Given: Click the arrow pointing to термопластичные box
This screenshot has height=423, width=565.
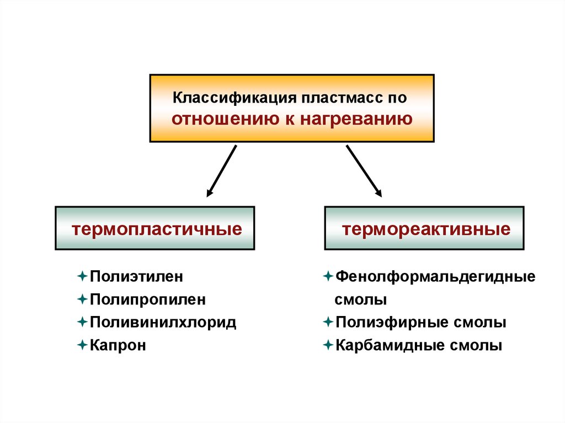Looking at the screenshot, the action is click(221, 171).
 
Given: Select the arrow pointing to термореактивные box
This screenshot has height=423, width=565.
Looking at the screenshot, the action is click(364, 171).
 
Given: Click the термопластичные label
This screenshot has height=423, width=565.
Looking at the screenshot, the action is click(154, 228).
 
